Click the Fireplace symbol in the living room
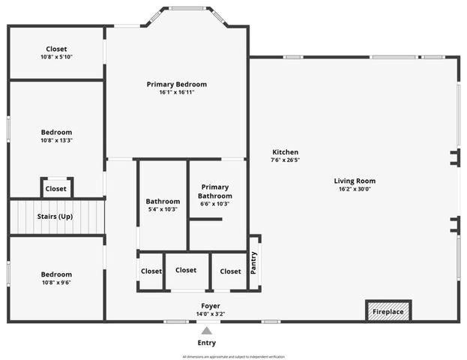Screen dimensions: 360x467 click(388, 311)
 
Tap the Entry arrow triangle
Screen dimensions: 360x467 click(206, 330)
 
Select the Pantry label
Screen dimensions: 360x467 click(253, 262)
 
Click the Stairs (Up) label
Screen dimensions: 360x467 click(55, 217)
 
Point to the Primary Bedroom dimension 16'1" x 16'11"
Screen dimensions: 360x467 click(176, 94)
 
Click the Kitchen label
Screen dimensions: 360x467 click(285, 151)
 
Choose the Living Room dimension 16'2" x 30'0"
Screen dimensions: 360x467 click(355, 190)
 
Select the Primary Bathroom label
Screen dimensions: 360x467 click(214, 191)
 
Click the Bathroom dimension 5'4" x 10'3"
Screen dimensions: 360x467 click(163, 210)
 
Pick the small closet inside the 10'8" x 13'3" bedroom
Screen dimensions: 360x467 click(55, 189)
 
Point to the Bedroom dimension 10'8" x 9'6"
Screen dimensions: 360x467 click(56, 283)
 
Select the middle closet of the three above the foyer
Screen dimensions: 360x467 click(186, 271)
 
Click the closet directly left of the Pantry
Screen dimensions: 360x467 click(230, 271)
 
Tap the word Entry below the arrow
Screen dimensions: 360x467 click(206, 343)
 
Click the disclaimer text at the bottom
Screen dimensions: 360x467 click(233, 356)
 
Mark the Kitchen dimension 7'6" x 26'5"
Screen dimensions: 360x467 click(285, 160)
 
